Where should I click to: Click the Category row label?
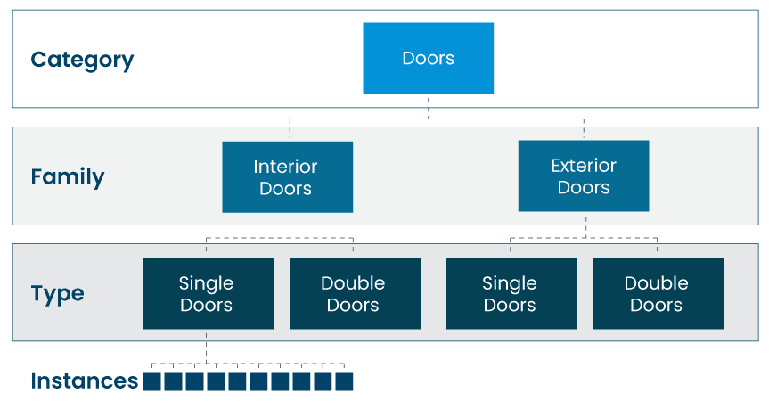pos(82,60)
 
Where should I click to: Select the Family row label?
pos(68,176)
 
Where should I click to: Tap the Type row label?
pos(58,294)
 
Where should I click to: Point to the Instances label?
pos(85,381)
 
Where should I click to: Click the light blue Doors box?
pos(428,59)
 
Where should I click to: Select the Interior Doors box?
pos(287,177)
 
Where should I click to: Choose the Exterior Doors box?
pos(583,176)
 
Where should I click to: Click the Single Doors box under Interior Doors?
pos(208,294)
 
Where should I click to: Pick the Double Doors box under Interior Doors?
pos(354,294)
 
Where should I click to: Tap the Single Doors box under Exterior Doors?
pos(510,294)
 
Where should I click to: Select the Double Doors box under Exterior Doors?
pos(657,294)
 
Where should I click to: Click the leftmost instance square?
pos(151,382)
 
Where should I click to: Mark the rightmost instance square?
pos(344,382)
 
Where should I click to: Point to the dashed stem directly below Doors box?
pos(428,106)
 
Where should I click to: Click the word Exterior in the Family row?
pos(583,166)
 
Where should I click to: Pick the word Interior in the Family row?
pos(285,167)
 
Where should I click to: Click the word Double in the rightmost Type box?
pos(657,283)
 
